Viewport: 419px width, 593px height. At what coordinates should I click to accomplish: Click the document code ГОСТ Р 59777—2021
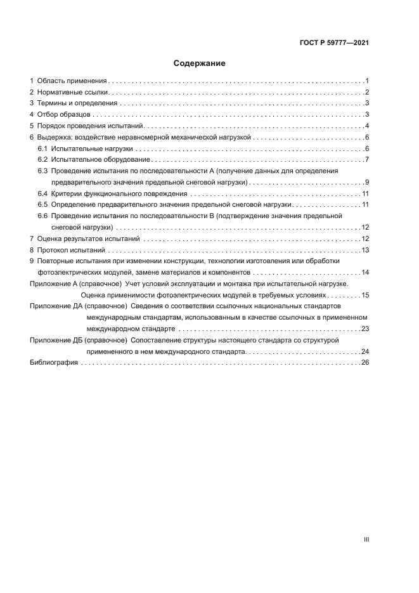point(334,43)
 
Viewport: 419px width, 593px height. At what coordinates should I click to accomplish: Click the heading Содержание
point(200,63)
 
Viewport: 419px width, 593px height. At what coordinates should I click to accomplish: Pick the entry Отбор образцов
point(65,115)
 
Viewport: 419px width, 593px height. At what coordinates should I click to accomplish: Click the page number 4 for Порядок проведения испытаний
point(367,126)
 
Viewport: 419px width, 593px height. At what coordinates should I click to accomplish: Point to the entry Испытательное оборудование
point(100,160)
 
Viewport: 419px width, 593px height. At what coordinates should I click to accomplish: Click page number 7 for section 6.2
point(367,160)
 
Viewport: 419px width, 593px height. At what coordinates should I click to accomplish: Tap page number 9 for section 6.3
point(367,182)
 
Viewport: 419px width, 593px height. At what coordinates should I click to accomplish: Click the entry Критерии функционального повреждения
point(119,193)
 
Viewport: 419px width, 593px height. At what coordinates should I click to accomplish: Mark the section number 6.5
point(43,205)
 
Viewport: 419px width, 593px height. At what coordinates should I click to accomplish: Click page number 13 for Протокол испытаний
point(365,250)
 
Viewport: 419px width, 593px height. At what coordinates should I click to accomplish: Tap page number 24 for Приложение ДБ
point(364,351)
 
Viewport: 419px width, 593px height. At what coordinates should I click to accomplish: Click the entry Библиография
point(53,363)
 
